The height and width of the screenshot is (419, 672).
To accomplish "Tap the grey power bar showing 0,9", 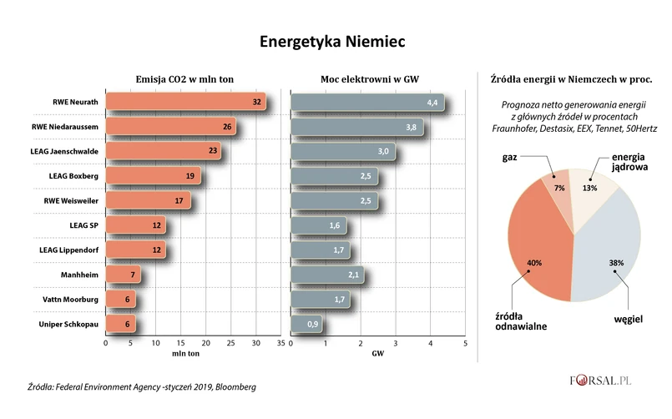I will [x=306, y=325].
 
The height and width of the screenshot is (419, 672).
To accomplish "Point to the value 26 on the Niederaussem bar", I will [x=228, y=127].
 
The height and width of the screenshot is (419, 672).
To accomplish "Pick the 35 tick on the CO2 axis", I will [x=281, y=342].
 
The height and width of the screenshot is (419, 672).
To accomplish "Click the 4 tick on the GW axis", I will [x=431, y=342].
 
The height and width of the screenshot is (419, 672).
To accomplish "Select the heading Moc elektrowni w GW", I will [x=369, y=78].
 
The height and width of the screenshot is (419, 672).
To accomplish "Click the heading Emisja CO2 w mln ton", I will [x=184, y=78].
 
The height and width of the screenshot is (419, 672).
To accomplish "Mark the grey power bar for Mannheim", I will [x=326, y=275].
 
